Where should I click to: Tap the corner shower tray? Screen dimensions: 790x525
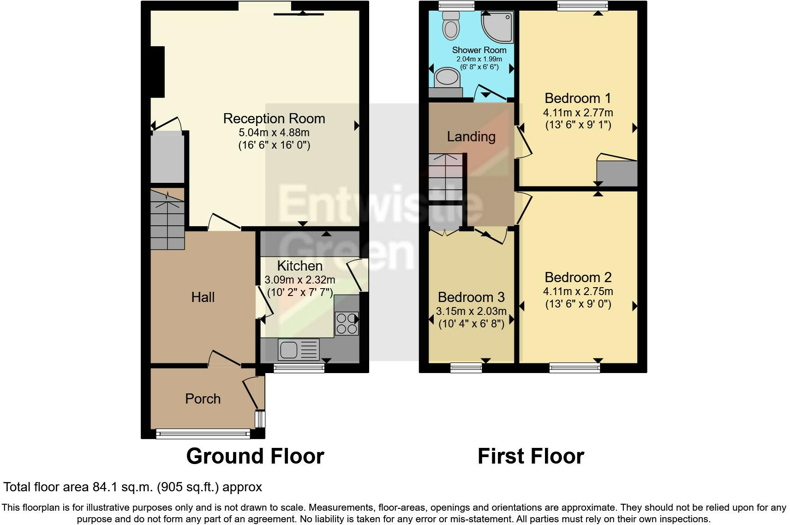[x=497, y=26]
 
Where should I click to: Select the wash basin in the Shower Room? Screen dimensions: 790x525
[x=447, y=77]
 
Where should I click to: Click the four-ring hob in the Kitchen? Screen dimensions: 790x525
[x=347, y=324]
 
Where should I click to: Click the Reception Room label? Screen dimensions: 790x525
[x=274, y=119]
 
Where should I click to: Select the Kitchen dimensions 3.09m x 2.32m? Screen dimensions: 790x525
[x=300, y=280]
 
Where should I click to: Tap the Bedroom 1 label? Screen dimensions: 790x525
[x=578, y=98]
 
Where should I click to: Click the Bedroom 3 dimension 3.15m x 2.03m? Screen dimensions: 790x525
[x=471, y=311]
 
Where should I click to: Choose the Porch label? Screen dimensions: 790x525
[x=203, y=398]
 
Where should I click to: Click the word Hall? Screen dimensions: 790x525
[x=203, y=297]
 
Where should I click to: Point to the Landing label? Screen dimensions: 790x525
[x=471, y=137]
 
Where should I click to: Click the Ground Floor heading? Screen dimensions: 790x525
[x=255, y=456]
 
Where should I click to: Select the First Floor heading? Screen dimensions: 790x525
[x=531, y=456]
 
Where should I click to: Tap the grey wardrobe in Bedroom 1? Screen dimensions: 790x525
[x=617, y=173]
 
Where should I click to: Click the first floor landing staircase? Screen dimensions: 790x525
[x=446, y=177]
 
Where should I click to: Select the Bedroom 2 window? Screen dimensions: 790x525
[x=575, y=368]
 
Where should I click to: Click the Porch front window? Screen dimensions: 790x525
[x=203, y=434]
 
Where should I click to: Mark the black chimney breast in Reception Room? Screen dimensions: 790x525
[x=158, y=72]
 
